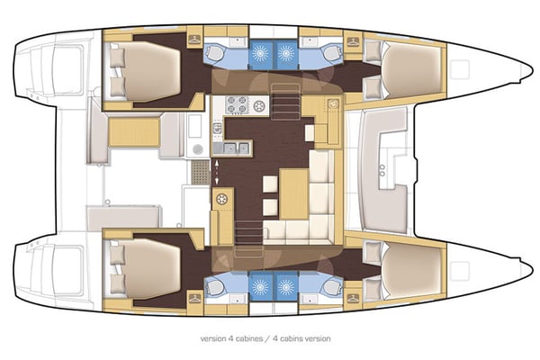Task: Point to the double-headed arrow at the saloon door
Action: pyautogui.click(x=218, y=169)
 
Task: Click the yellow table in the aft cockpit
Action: pyautogui.click(x=132, y=135)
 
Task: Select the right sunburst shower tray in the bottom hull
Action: pyautogui.click(x=286, y=287)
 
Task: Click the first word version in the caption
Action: pyautogui.click(x=213, y=339)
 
